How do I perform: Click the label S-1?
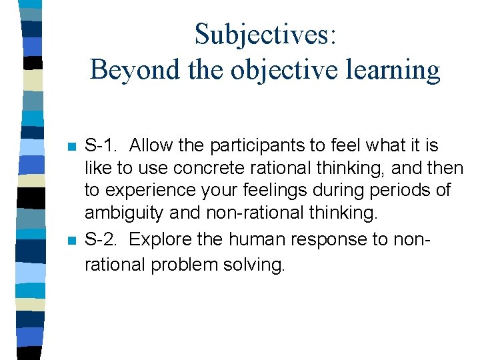click(102, 145)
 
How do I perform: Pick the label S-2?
click(102, 239)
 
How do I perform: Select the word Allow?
click(153, 145)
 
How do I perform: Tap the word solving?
click(259, 265)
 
